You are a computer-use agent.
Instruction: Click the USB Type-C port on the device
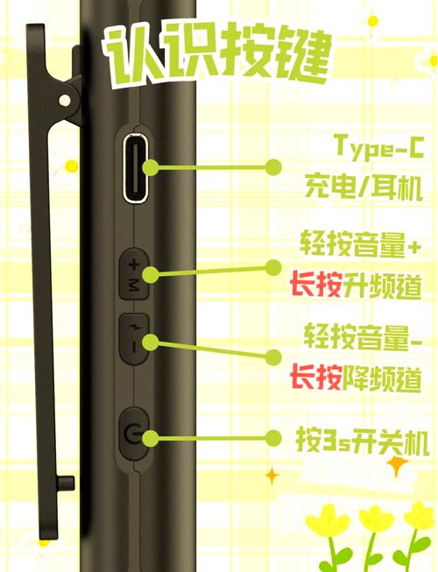[137, 168]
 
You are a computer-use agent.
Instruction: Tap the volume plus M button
[133, 274]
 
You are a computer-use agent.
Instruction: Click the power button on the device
[133, 434]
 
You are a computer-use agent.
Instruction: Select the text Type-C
[379, 147]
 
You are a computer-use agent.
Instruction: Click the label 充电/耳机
[364, 187]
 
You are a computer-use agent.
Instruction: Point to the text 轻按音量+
[361, 244]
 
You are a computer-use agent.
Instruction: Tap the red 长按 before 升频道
[316, 286]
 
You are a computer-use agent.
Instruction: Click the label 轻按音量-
[363, 335]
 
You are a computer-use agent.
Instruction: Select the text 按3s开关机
[362, 441]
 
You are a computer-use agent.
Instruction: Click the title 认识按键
[218, 54]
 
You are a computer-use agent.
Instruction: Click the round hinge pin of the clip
[65, 100]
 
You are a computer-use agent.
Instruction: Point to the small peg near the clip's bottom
[66, 484]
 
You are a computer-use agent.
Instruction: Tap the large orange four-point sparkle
[397, 465]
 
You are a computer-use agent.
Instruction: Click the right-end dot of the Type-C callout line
[272, 167]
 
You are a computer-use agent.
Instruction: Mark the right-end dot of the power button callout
[272, 438]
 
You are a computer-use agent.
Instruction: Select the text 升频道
[382, 286]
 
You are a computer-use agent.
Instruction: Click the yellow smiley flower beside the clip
[72, 166]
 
